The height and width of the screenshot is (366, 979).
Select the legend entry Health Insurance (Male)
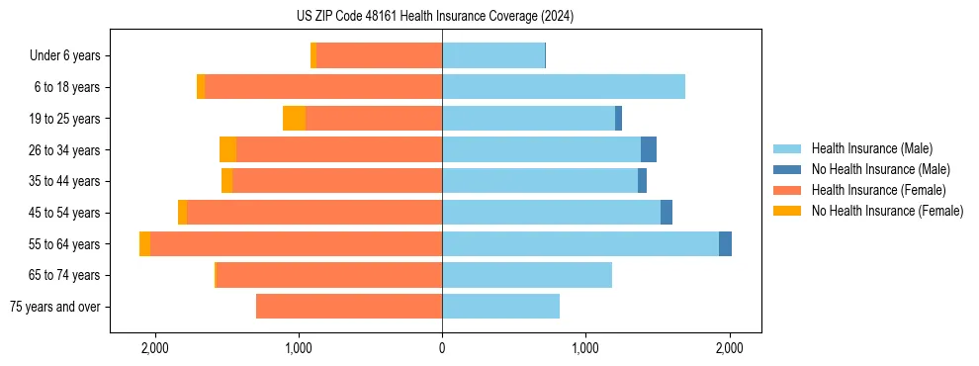(x=871, y=148)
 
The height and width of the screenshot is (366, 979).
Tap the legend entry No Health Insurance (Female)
(x=887, y=211)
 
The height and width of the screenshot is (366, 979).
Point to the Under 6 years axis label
(x=64, y=56)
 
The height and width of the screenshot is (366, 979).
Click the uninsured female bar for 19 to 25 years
(x=294, y=119)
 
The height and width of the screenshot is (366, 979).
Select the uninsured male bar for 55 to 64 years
(x=725, y=244)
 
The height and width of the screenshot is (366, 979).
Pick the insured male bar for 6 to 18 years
(x=564, y=87)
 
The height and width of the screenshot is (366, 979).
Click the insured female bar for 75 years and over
(x=349, y=307)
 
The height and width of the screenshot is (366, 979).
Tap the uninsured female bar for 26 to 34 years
(x=227, y=150)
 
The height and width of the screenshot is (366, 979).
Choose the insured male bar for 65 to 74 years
(x=527, y=275)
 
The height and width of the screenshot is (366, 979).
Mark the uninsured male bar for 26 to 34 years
(x=649, y=150)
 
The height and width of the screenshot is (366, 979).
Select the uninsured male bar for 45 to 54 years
(x=667, y=213)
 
